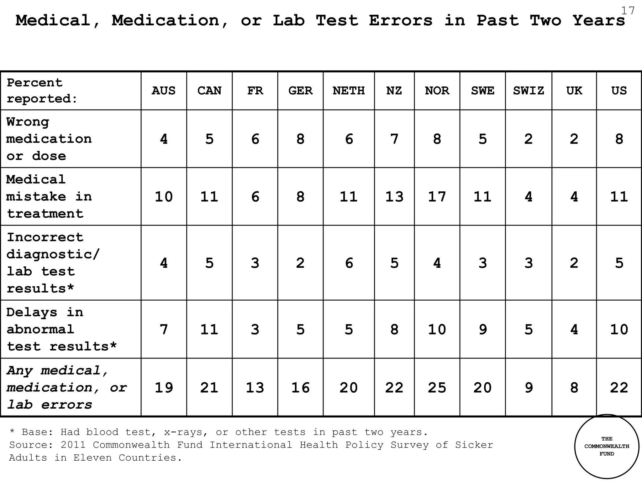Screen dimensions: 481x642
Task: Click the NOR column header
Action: point(437,91)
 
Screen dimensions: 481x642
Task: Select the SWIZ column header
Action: point(529,91)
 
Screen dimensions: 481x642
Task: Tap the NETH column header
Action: point(349,91)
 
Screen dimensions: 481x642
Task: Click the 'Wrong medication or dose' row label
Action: point(49,139)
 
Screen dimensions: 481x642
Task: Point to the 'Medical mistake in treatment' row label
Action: point(49,196)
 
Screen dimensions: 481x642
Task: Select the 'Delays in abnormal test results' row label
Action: point(61,329)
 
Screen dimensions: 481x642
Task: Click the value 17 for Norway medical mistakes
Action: point(437,197)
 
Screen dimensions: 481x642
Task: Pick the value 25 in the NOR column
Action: point(437,388)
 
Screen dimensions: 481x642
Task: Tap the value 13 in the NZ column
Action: point(394,197)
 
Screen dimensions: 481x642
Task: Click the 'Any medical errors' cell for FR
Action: point(255,388)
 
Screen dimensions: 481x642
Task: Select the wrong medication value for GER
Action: point(300,139)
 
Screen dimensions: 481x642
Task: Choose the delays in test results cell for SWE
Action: point(482,329)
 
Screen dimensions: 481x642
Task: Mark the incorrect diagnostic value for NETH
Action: point(349,263)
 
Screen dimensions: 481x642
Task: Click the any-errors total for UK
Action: point(574,388)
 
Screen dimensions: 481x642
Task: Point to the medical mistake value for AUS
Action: point(164,197)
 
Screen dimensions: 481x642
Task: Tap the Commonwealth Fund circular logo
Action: point(607,447)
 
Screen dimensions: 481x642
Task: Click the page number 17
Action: point(628,11)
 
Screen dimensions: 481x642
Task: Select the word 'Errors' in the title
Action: point(401,21)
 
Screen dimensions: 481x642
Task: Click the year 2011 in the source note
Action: point(73,445)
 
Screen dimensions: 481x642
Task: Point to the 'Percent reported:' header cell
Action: point(42,91)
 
